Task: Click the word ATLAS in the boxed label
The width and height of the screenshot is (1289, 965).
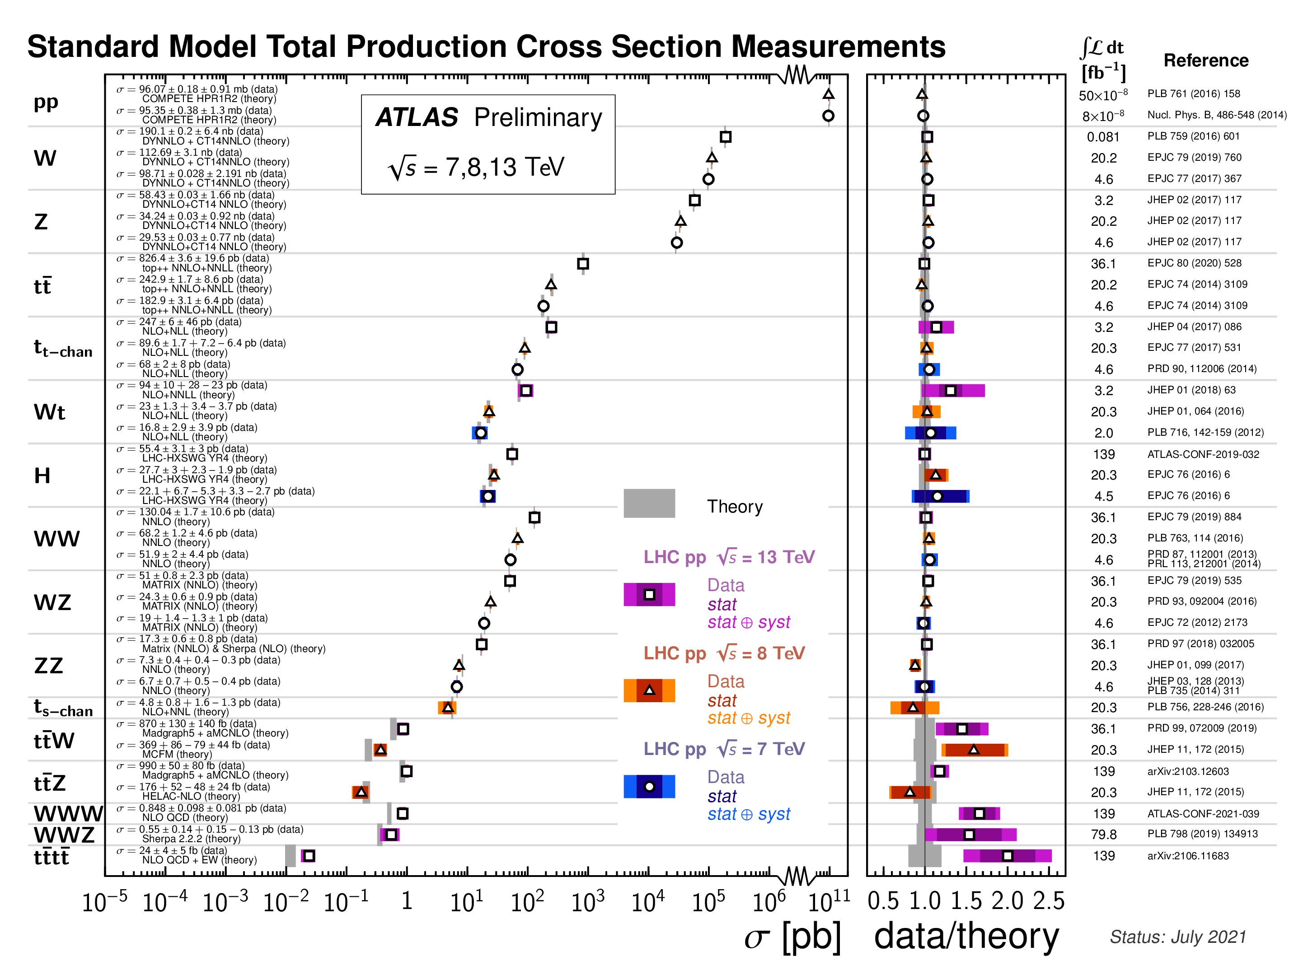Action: point(417,118)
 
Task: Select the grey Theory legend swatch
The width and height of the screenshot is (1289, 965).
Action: point(649,503)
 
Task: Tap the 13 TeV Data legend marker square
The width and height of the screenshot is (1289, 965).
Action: point(649,595)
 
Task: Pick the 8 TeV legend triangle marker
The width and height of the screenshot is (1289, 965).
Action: point(649,691)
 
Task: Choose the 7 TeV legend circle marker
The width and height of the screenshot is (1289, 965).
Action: point(649,787)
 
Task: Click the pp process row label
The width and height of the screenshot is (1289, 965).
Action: point(46,102)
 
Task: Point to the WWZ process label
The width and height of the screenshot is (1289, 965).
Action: point(64,834)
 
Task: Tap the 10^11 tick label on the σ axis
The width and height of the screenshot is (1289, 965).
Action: point(829,901)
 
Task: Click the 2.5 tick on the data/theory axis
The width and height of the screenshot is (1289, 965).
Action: point(1049,901)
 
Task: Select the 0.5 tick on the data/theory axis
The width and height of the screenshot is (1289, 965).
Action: point(883,901)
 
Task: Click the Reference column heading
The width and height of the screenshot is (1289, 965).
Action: point(1206,61)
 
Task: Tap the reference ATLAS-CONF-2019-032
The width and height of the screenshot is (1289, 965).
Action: point(1203,454)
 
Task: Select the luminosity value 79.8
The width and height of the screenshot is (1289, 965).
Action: point(1104,834)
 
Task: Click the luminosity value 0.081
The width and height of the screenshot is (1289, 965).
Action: point(1103,137)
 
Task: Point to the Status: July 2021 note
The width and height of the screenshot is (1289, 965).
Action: point(1178,937)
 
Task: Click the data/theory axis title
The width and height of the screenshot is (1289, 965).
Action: point(966,937)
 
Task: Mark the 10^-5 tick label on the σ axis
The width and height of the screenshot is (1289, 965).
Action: point(105,901)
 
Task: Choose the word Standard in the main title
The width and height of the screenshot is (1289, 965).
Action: point(93,47)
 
